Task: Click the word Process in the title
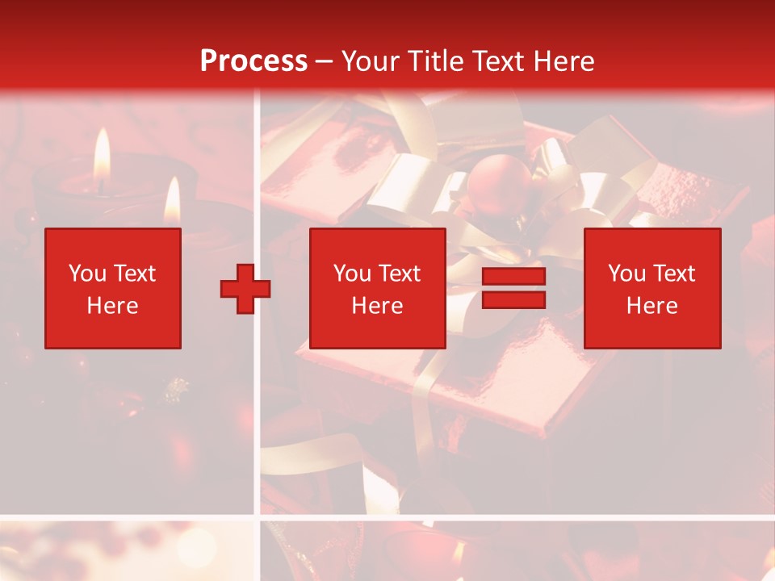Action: pos(253,61)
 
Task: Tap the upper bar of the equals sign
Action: pos(513,277)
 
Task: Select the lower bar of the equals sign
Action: pos(513,299)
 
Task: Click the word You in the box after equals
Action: pos(626,274)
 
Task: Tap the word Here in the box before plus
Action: pos(112,306)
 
